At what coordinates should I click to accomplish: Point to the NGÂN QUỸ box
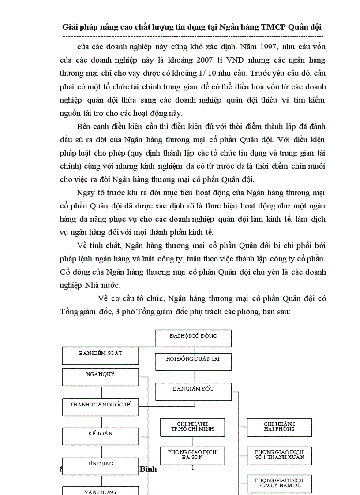(101, 376)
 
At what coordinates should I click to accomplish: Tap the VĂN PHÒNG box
(101, 491)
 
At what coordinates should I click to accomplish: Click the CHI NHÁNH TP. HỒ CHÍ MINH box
(193, 427)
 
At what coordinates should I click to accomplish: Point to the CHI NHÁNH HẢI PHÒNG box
(279, 427)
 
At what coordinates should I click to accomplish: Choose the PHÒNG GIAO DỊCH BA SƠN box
(193, 455)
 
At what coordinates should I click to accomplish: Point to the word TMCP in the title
(274, 26)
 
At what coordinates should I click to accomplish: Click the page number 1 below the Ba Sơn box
(193, 468)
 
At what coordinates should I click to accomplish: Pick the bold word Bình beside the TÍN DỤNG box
(148, 469)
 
